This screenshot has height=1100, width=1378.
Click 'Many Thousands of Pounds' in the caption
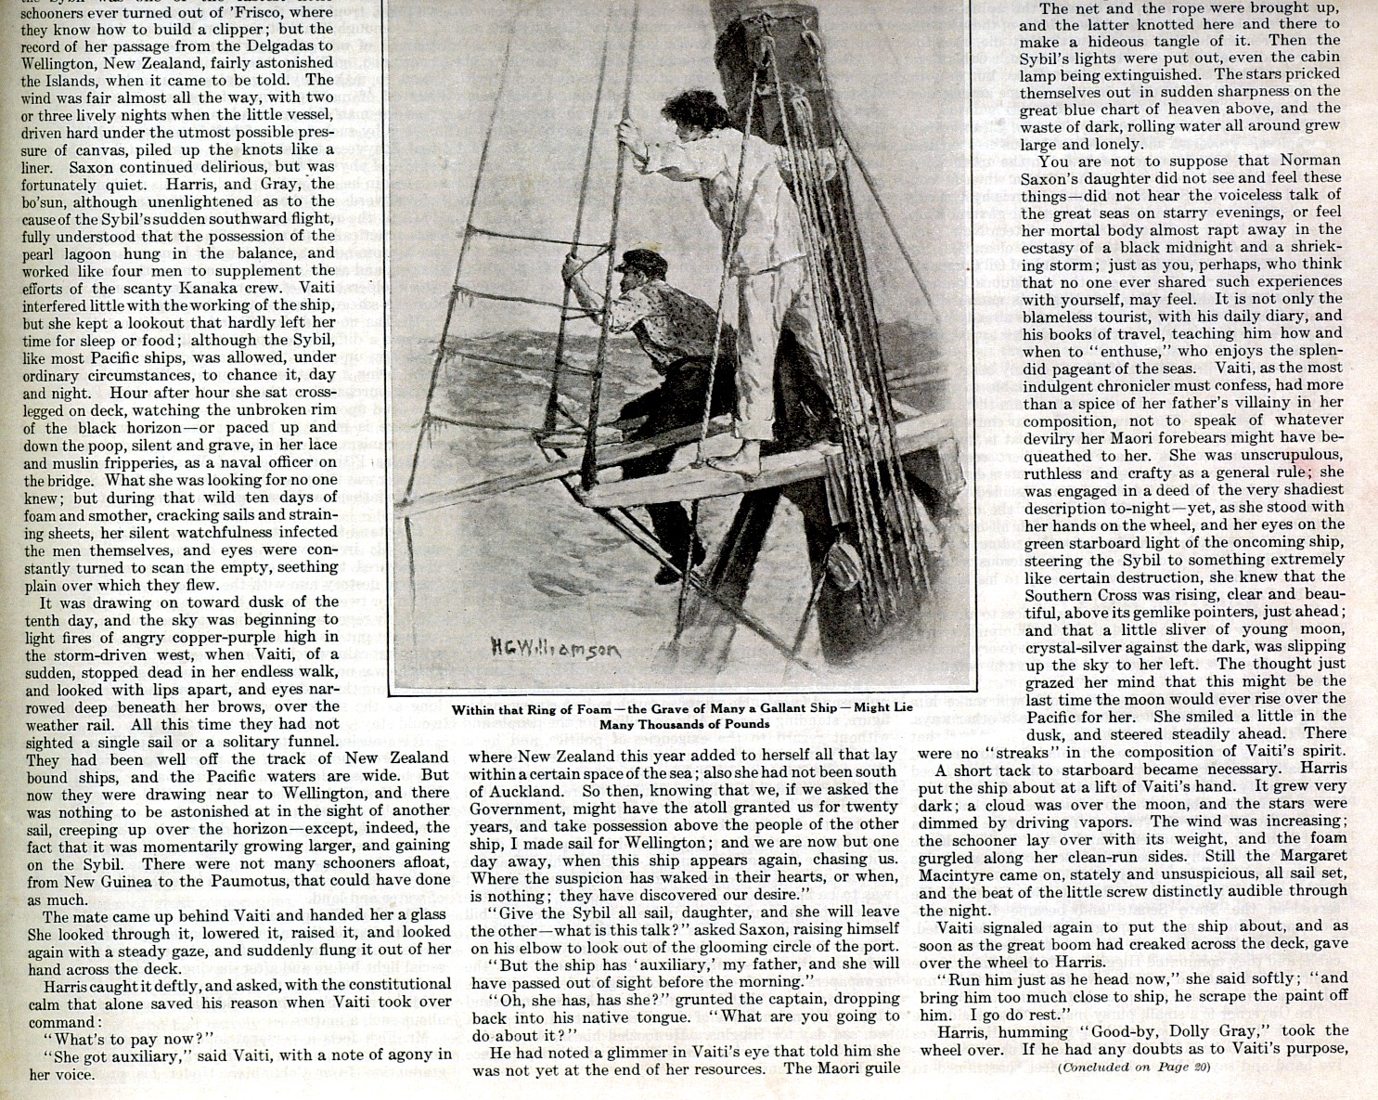coord(684,724)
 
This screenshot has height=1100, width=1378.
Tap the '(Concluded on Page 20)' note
coord(1134,1067)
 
